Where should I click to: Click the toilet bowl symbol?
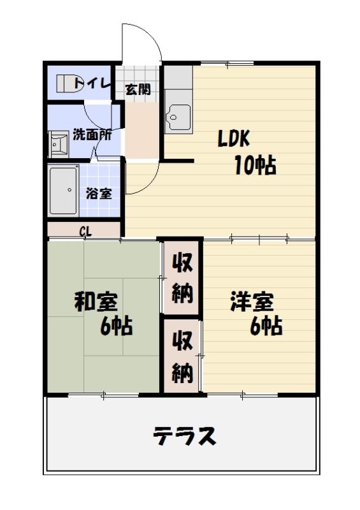(x=65, y=82)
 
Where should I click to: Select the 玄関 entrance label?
(x=138, y=89)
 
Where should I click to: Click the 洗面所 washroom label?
(x=92, y=135)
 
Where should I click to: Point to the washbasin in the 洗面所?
(x=60, y=145)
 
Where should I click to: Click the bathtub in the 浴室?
(x=64, y=190)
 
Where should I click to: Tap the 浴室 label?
(x=99, y=193)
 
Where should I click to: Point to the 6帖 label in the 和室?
(x=116, y=326)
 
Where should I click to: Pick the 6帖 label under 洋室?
(x=266, y=326)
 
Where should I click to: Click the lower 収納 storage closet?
(x=182, y=356)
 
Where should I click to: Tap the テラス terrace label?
(x=184, y=437)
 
